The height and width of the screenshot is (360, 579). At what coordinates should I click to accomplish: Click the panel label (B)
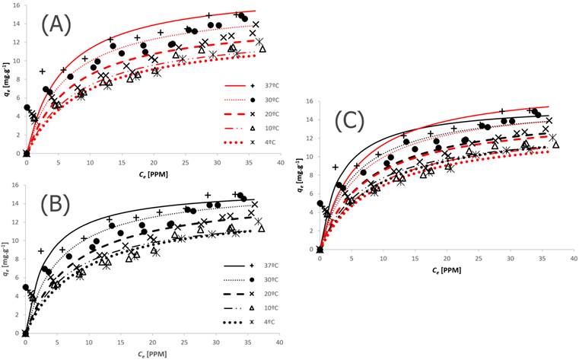coord(52,204)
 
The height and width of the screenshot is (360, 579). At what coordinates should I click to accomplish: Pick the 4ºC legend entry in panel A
coord(259,142)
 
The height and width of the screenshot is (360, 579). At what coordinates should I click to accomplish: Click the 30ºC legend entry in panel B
coord(259,279)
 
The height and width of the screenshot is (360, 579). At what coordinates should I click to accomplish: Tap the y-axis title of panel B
coord(6,263)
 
